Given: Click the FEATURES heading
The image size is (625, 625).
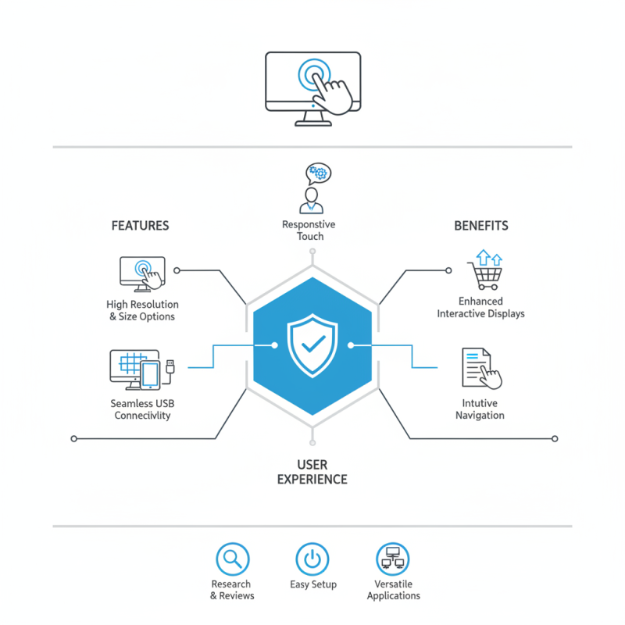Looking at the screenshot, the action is coord(141,226).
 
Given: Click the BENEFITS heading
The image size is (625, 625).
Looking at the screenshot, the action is coord(481,226).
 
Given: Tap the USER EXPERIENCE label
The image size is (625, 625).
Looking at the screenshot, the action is coord(312,472).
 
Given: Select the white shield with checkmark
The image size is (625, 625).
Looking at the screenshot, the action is coord(312,345).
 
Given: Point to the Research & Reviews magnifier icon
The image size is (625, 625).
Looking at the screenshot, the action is coord(233,559).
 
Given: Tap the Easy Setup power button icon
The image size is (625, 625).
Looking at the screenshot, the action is coord(312,559).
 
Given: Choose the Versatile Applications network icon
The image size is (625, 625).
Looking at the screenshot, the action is coord(393,559).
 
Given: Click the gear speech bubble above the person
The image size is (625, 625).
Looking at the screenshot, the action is coord(318,173).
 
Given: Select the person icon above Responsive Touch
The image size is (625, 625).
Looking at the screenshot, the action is coord(311,201).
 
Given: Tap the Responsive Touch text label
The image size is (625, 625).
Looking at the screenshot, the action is coord(309,230).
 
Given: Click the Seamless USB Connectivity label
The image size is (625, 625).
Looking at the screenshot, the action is coord(142,409).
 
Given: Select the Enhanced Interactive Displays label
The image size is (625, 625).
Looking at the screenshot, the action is coord(480,307).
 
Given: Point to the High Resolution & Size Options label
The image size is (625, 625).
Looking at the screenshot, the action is coord(142,310).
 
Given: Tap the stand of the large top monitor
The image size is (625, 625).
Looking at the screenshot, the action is coord(313,119).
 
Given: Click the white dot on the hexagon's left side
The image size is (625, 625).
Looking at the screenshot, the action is coord(275,345).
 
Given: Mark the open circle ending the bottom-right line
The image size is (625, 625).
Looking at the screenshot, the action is coord(555,439).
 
